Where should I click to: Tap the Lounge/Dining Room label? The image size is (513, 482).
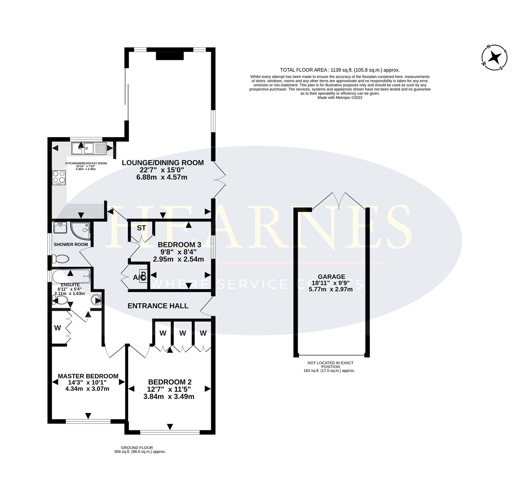click(163, 163)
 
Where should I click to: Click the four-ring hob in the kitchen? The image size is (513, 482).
click(59, 177)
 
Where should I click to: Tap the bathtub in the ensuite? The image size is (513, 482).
click(71, 276)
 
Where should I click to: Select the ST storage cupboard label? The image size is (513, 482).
click(141, 228)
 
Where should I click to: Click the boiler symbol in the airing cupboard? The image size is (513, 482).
click(143, 275)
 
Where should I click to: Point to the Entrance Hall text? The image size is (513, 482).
click(158, 306)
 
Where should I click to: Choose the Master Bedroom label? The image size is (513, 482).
click(88, 376)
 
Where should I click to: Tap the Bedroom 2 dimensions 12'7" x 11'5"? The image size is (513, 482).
click(169, 389)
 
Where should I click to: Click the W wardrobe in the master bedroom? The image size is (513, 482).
click(58, 328)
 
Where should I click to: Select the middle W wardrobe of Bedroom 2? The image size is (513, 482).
click(183, 333)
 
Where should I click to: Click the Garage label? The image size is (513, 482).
click(331, 277)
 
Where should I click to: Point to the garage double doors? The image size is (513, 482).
click(339, 199)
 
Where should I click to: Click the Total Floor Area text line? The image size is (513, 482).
click(340, 70)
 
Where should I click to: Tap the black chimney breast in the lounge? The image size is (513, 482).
click(170, 56)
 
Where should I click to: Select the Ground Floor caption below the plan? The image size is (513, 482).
click(137, 448)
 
